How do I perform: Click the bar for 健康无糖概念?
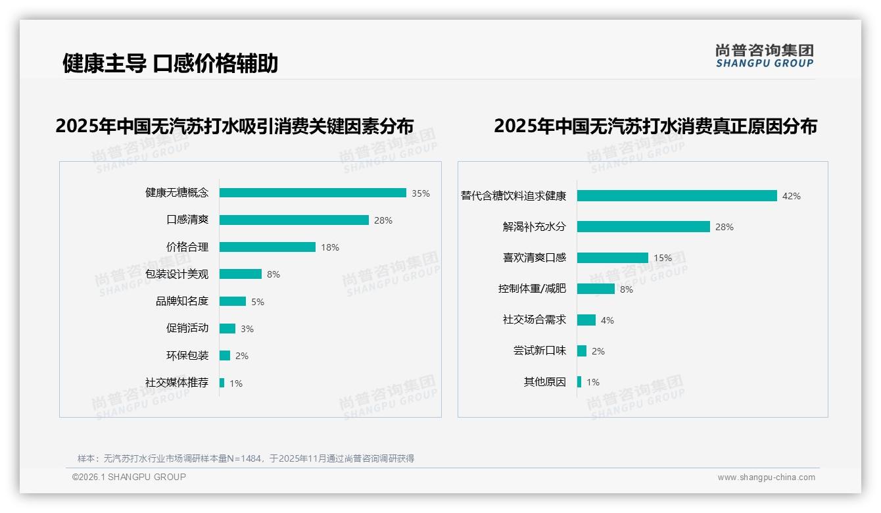[x=312, y=193]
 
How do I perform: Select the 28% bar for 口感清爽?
[x=294, y=220]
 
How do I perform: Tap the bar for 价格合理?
[x=267, y=247]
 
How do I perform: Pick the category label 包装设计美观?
[x=177, y=274]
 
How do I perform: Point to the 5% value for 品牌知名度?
[x=257, y=302]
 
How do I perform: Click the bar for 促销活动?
[x=227, y=329]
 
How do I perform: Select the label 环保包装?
[x=187, y=356]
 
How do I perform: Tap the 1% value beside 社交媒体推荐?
[x=235, y=383]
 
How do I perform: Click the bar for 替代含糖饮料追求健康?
[x=677, y=196]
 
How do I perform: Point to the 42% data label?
[x=791, y=196]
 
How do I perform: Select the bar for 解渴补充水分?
[x=643, y=227]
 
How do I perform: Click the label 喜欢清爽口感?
[x=534, y=258]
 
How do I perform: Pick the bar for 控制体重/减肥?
[x=596, y=289]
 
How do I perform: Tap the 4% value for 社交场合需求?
[x=607, y=320]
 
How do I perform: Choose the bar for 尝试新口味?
[x=582, y=351]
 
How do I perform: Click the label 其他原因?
[x=544, y=382]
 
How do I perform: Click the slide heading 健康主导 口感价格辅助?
[x=170, y=63]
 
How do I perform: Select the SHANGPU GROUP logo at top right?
[x=764, y=56]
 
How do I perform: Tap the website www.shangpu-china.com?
[x=766, y=477]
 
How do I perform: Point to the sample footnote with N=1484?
[x=246, y=458]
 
